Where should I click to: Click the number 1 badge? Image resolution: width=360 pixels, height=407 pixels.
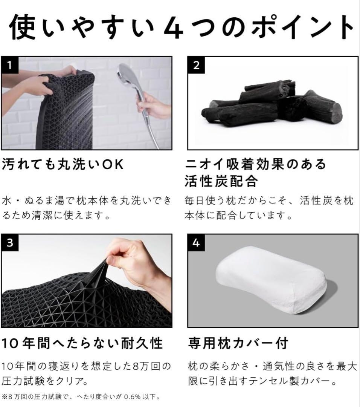point(9,65)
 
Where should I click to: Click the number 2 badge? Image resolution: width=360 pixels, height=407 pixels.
point(196,65)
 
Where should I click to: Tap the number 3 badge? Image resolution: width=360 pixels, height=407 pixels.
point(9,243)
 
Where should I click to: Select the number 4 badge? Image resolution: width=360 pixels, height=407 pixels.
point(196,243)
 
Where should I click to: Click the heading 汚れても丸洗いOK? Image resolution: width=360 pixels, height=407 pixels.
point(63,165)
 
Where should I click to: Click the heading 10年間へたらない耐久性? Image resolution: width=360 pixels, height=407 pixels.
point(82,343)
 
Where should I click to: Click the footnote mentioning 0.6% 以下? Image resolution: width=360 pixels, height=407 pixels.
point(81,396)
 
